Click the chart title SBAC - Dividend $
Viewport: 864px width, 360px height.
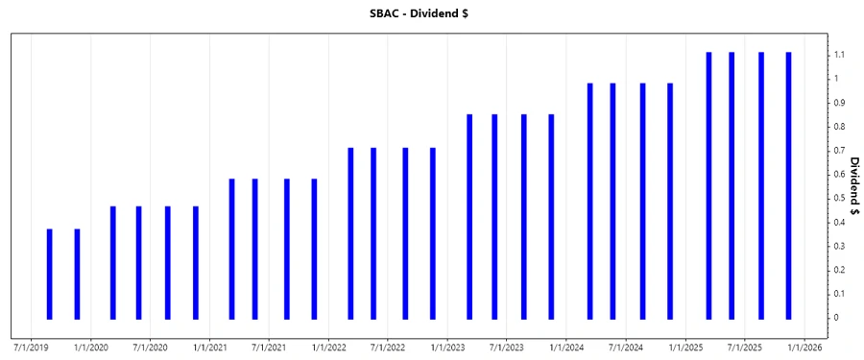pos(432,14)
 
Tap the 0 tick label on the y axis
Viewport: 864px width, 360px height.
pos(836,318)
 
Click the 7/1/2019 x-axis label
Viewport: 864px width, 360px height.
pos(31,347)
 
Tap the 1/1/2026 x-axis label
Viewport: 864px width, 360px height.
pos(804,347)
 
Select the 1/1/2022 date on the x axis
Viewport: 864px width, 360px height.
pos(328,347)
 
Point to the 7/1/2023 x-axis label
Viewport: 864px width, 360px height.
pos(507,347)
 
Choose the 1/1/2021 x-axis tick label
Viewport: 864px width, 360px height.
pos(209,347)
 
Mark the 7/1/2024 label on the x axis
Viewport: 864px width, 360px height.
pos(626,347)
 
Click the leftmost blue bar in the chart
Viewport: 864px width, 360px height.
pos(50,274)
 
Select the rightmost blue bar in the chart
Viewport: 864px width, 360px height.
pos(788,185)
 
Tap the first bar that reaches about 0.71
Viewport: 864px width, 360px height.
pos(350,233)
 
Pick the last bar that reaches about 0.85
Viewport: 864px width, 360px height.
pos(551,216)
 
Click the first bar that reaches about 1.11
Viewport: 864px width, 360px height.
pos(708,185)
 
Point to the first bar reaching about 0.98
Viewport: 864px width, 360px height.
pos(589,201)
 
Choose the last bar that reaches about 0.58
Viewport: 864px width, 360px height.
pos(314,249)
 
